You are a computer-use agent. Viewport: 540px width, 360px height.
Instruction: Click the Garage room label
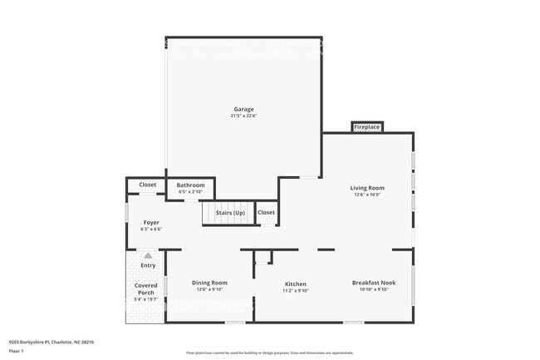pyautogui.click(x=243, y=109)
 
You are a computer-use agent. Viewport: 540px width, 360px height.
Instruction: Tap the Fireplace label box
pyautogui.click(x=366, y=127)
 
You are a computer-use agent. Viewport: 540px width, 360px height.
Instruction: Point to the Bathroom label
pyautogui.click(x=190, y=185)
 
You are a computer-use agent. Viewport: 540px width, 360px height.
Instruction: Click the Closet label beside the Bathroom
pyautogui.click(x=147, y=185)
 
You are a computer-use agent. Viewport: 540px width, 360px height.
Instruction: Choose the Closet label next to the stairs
pyautogui.click(x=266, y=213)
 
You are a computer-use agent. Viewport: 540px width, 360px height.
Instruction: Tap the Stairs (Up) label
pyautogui.click(x=230, y=214)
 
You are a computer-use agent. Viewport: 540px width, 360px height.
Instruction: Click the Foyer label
pyautogui.click(x=151, y=222)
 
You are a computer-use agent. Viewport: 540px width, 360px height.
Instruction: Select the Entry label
pyautogui.click(x=147, y=265)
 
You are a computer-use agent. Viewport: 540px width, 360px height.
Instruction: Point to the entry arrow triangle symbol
pyautogui.click(x=147, y=256)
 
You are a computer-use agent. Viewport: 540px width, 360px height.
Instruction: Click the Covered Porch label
pyautogui.click(x=146, y=289)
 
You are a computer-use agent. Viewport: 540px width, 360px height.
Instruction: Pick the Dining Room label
pyautogui.click(x=209, y=283)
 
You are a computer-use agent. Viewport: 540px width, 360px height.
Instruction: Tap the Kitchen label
pyautogui.click(x=295, y=284)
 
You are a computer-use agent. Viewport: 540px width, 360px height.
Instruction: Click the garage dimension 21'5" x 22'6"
pyautogui.click(x=243, y=116)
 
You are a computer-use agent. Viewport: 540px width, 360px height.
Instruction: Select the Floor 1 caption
pyautogui.click(x=17, y=350)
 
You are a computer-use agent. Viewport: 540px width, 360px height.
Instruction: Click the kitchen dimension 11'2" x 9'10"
pyautogui.click(x=295, y=291)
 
